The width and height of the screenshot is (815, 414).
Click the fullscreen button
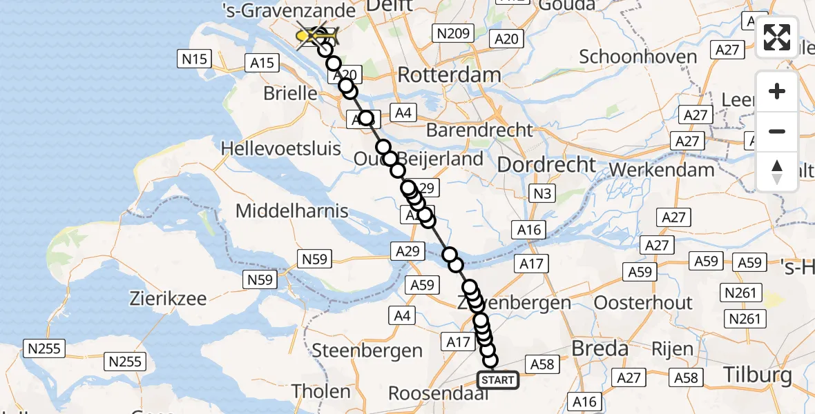(x=777, y=37)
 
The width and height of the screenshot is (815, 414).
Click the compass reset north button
(x=777, y=172)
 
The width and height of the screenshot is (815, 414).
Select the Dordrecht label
(x=546, y=165)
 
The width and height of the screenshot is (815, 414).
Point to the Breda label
(x=600, y=348)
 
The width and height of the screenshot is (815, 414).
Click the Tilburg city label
(x=758, y=375)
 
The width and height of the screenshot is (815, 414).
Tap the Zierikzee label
(x=169, y=299)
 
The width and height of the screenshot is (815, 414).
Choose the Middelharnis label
(x=292, y=211)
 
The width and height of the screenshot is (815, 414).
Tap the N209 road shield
(x=452, y=32)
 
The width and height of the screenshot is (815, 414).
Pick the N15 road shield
(x=195, y=59)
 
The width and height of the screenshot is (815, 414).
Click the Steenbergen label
(x=367, y=351)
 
